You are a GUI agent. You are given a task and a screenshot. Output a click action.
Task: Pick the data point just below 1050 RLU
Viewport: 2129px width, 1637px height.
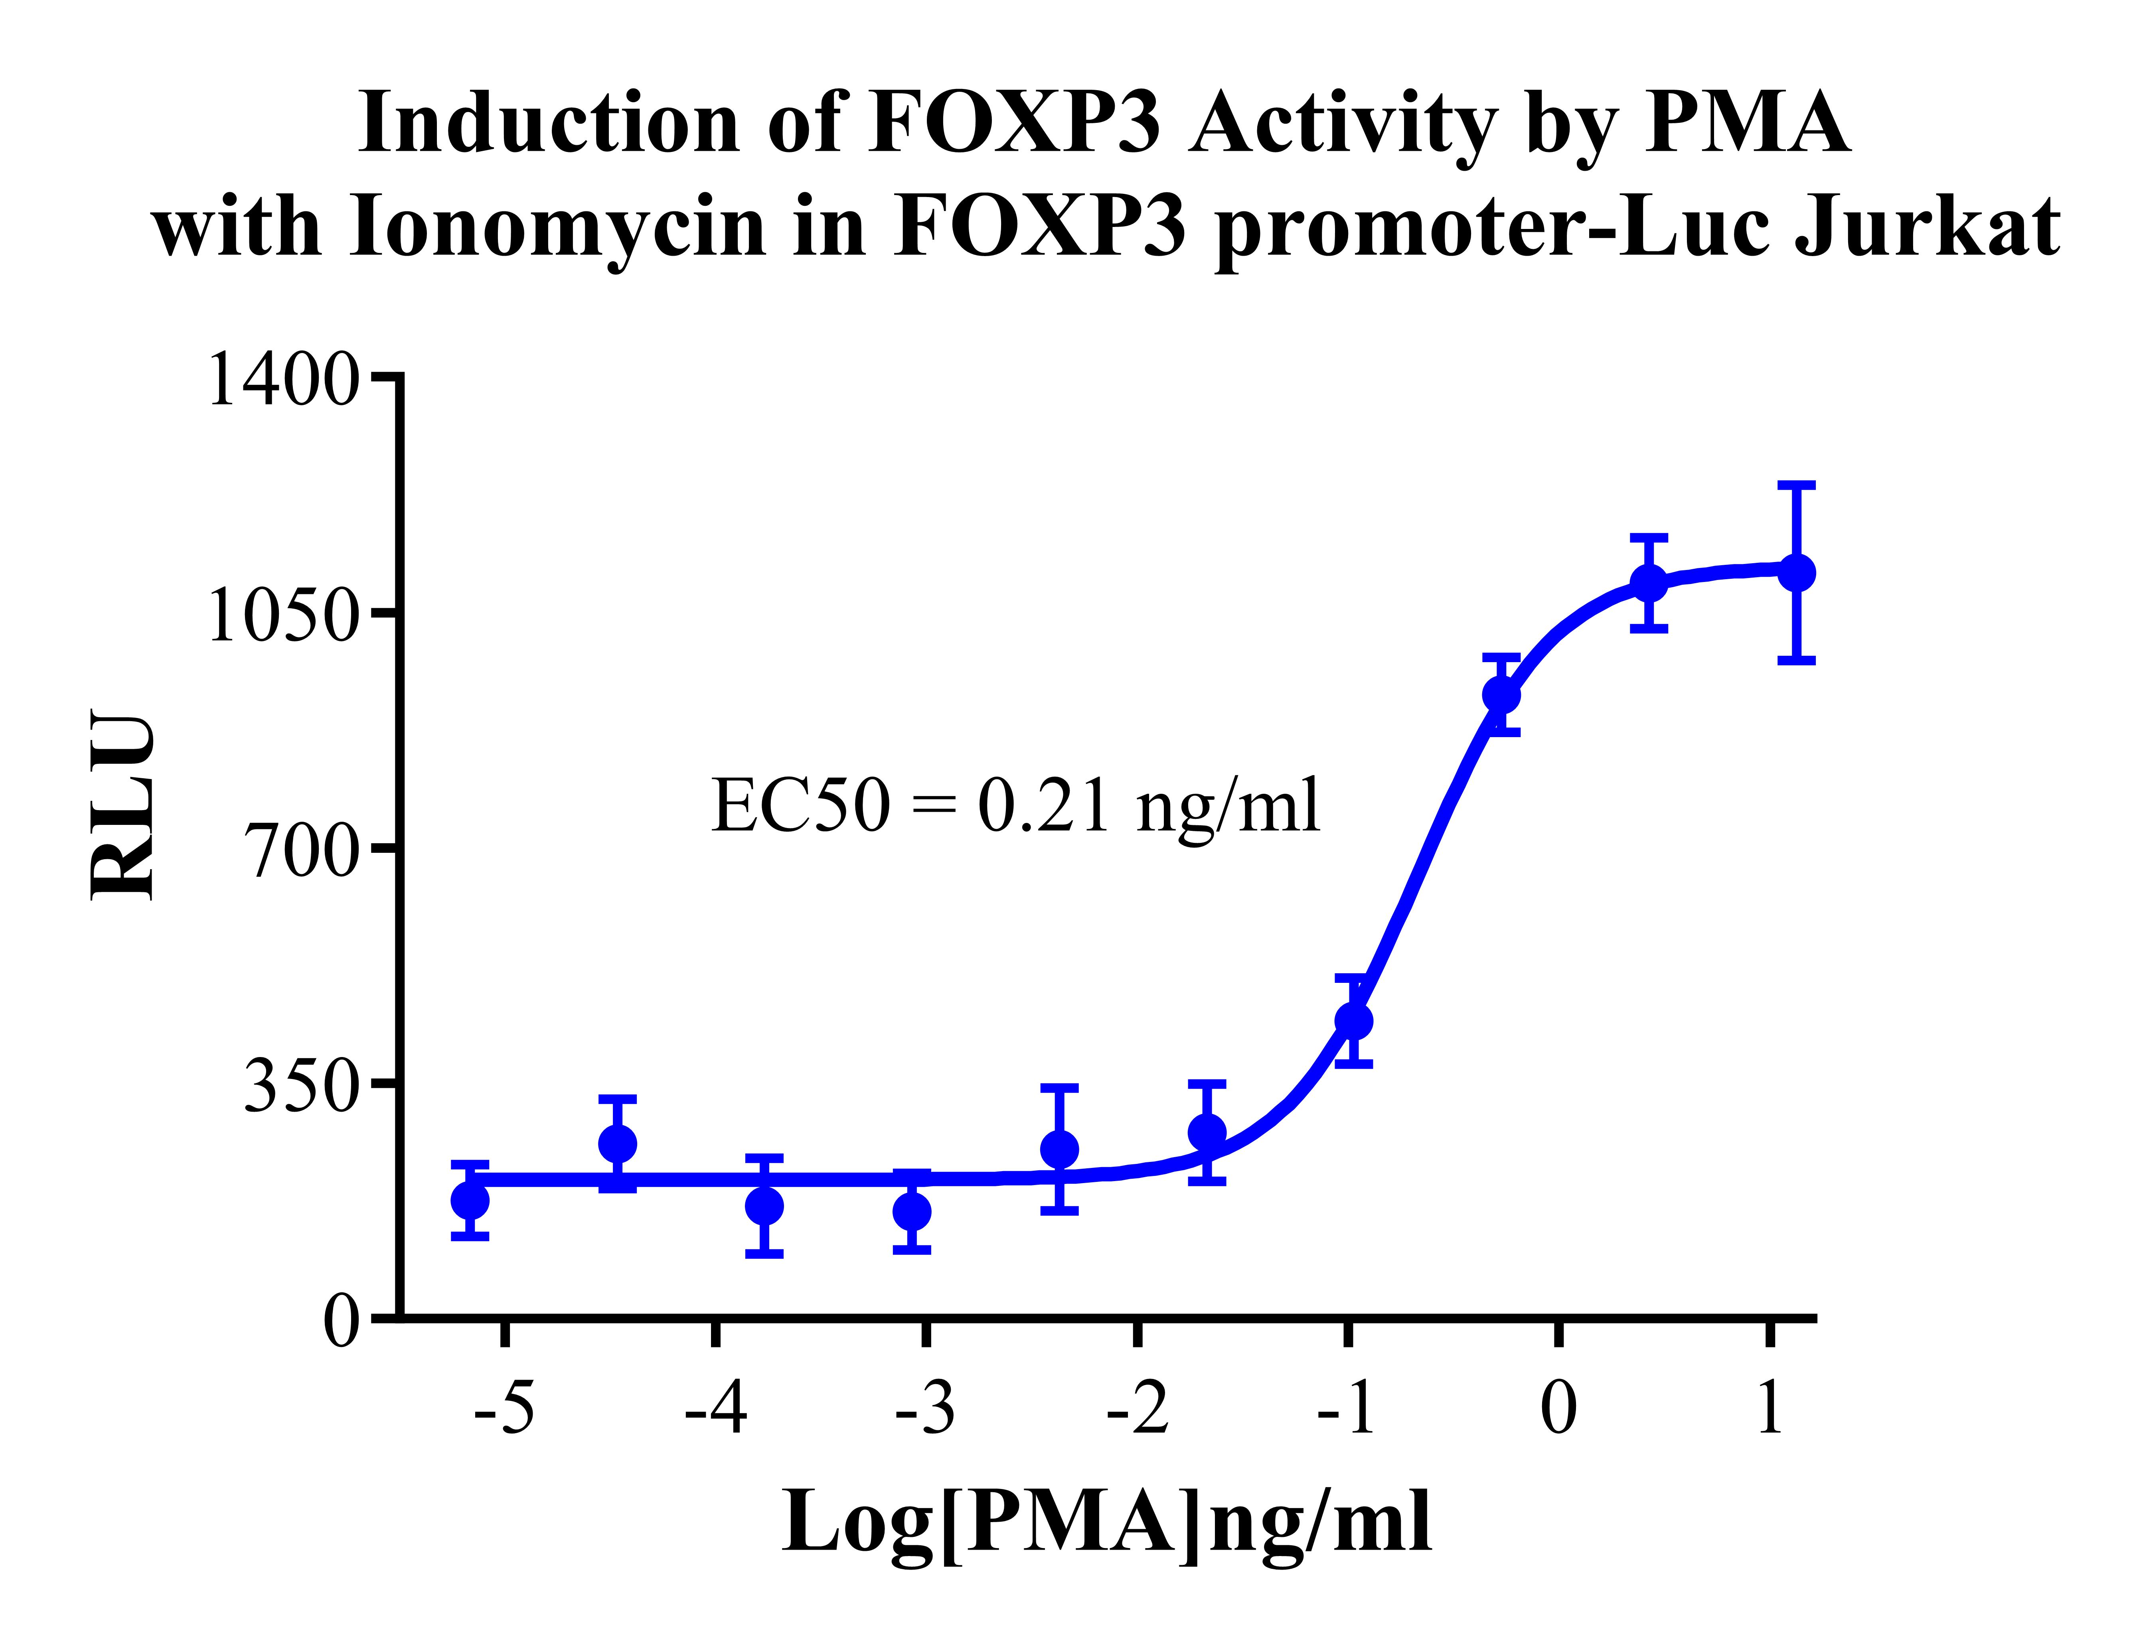[1648, 583]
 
